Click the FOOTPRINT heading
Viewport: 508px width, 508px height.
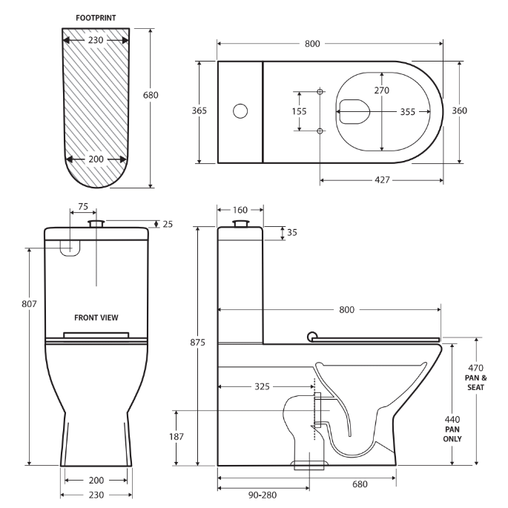click(95, 17)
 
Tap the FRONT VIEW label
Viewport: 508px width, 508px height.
click(96, 317)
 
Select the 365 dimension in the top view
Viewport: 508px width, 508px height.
click(199, 110)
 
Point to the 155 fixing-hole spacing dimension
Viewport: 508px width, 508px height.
click(300, 111)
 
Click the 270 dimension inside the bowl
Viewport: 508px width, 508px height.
click(381, 90)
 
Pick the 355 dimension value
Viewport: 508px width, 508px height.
click(407, 112)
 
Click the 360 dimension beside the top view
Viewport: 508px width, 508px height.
click(459, 110)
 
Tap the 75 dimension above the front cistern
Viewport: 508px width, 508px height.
click(82, 208)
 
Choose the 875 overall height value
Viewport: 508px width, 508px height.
click(198, 342)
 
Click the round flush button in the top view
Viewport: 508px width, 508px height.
click(240, 112)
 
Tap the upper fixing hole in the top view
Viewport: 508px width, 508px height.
click(320, 92)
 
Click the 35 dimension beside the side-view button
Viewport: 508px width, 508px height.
click(291, 232)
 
